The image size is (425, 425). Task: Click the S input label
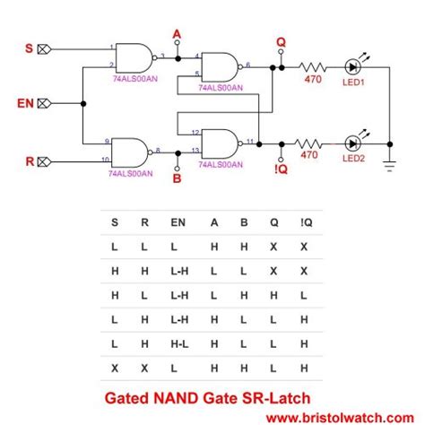click(x=26, y=48)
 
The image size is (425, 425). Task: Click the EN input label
click(x=26, y=103)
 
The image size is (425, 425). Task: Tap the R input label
click(x=26, y=162)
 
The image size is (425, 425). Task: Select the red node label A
click(x=177, y=34)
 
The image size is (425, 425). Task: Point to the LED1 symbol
click(x=352, y=66)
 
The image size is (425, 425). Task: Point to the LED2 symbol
click(x=352, y=143)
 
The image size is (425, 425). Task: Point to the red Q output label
click(x=280, y=42)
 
